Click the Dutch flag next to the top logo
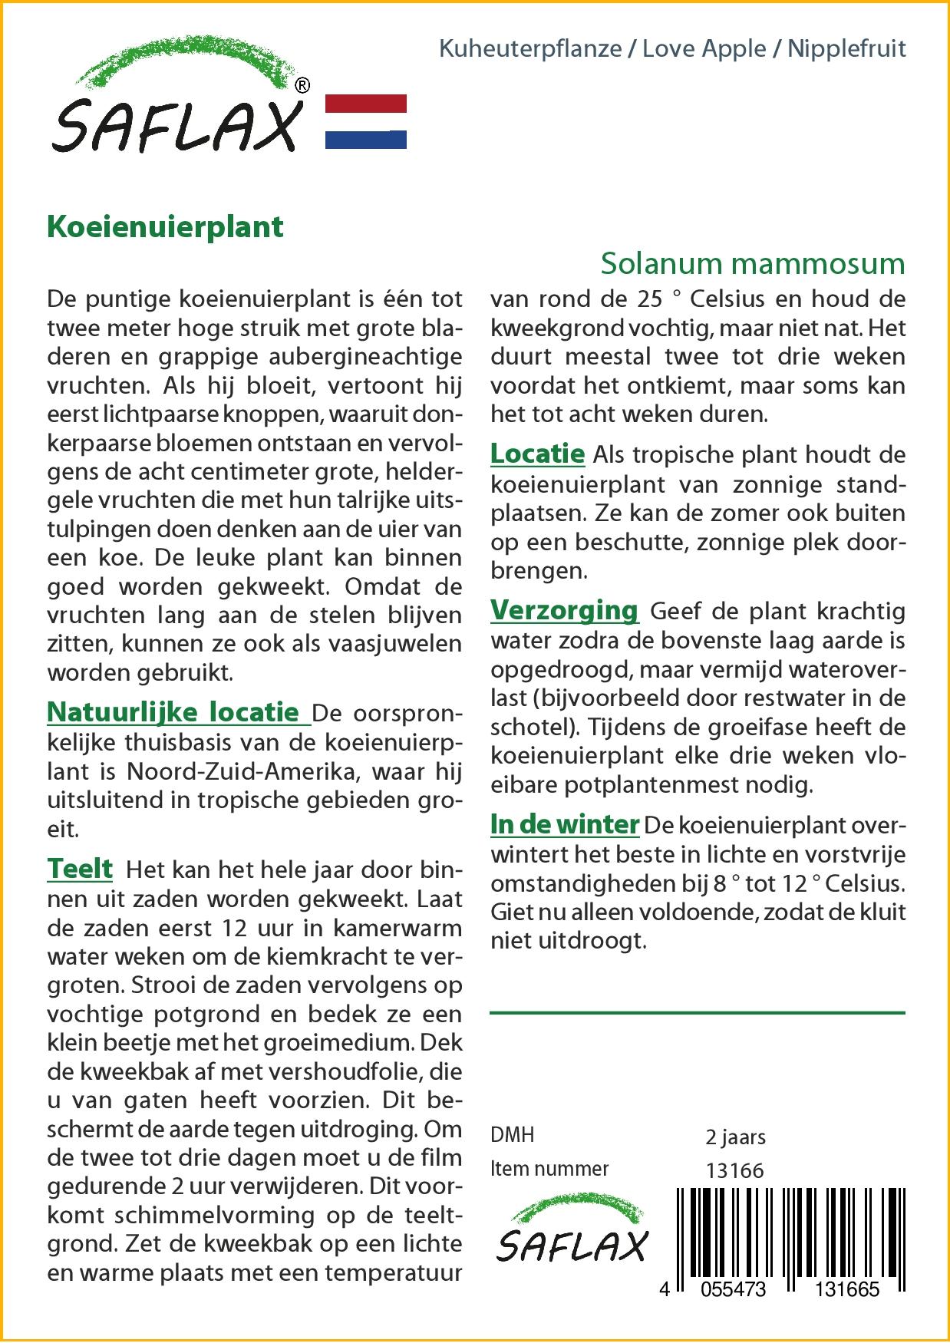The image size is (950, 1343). click(366, 121)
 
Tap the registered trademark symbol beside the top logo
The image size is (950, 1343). click(302, 86)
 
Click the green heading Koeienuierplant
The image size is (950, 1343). click(165, 227)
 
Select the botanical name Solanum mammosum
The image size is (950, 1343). click(752, 263)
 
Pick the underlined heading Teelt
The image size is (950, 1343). click(80, 869)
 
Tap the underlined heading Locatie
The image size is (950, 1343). click(537, 454)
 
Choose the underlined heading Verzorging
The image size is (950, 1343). click(564, 610)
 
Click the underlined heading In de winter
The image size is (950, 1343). click(565, 824)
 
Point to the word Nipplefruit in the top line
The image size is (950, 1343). click(846, 49)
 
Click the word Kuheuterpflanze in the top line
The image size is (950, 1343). click(530, 49)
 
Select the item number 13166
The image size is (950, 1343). click(734, 1170)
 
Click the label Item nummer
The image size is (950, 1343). click(549, 1169)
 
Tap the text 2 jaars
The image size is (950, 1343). click(735, 1137)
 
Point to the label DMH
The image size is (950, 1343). click(512, 1135)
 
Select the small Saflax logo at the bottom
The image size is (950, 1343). click(572, 1236)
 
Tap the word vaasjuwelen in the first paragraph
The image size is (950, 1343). click(392, 644)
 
